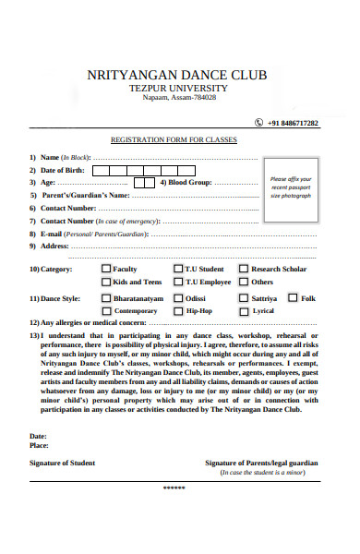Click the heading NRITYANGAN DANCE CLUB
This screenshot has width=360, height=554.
click(174, 74)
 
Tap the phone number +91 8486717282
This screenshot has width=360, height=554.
click(292, 123)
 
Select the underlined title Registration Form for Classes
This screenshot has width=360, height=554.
click(174, 139)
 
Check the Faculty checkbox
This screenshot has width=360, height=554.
click(106, 269)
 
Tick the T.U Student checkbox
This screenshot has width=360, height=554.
click(177, 269)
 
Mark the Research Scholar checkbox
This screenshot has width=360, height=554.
click(244, 269)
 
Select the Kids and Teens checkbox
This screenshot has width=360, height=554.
click(106, 282)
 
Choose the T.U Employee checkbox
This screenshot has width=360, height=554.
click(177, 282)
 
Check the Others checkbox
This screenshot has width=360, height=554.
click(244, 282)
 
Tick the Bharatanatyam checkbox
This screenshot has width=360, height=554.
click(106, 298)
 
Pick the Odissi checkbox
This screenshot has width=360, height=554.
click(177, 298)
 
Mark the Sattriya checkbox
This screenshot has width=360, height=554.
click(244, 298)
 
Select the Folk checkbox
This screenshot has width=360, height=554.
click(293, 297)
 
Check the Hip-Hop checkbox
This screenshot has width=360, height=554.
click(177, 311)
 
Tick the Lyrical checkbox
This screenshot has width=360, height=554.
click(244, 311)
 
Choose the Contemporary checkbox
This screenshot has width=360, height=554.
click(106, 311)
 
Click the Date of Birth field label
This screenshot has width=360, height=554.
click(62, 170)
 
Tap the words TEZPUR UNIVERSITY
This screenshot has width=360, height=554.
click(174, 88)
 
